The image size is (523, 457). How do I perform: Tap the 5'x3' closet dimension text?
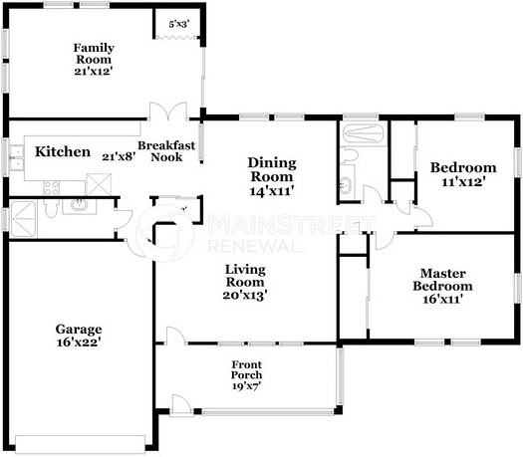coord(178,23)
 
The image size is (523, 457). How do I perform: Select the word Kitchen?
coord(64,152)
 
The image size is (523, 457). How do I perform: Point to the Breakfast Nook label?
coord(166,151)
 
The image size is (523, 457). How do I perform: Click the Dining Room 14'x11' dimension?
coord(272,189)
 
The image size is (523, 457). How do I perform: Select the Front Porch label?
coord(247,374)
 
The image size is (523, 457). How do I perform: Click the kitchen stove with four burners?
coord(53,186)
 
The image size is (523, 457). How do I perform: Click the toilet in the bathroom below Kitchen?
coord(79,206)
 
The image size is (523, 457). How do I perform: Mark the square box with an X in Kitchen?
coord(100,182)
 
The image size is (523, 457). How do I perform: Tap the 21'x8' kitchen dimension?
coord(119,155)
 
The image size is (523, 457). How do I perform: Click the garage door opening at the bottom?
coord(83,442)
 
